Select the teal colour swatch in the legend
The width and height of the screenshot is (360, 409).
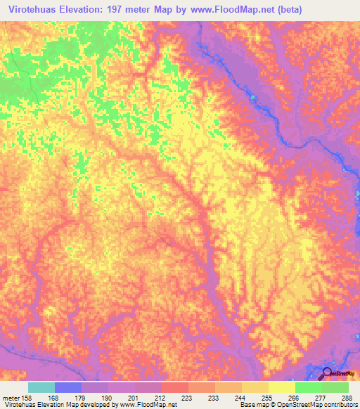pyautogui.click(x=41, y=387)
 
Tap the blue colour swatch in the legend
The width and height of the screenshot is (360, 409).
pyautogui.click(x=68, y=387)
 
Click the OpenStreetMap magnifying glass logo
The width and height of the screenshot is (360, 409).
pyautogui.click(x=327, y=374)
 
